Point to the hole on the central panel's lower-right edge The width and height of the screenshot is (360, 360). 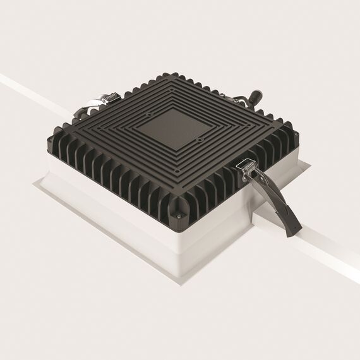coord(200,140)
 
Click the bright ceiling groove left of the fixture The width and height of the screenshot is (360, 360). coord(25,88)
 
